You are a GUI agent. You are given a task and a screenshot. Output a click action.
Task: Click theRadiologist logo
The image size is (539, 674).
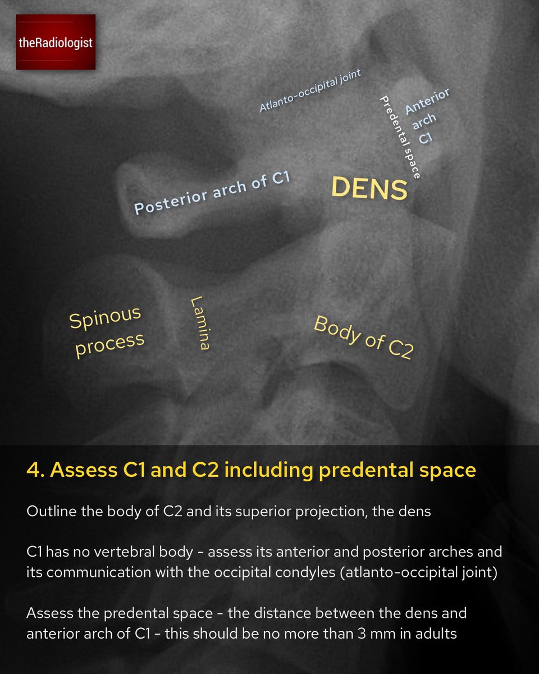54,43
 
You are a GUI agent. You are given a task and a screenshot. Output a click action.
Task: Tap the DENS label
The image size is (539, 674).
369,189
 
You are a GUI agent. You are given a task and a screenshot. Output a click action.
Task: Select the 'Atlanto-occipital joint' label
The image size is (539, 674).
310,90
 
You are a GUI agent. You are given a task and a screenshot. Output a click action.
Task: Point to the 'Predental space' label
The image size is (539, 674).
400,136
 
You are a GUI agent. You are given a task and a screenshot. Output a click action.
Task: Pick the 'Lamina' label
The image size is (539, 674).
199,323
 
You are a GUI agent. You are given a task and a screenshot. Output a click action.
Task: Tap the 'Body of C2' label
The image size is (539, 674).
363,337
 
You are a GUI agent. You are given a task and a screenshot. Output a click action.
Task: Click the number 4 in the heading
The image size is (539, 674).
31,470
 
